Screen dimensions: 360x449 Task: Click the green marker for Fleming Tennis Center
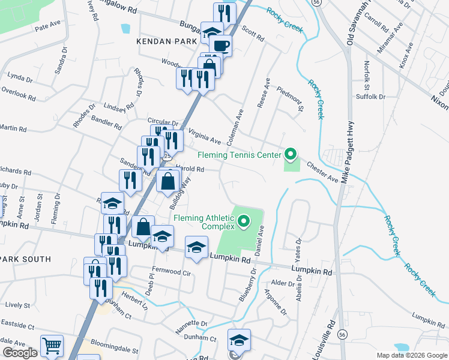click(291, 155)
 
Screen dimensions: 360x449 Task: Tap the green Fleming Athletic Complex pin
click(244, 223)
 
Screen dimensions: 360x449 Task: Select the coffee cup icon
click(221, 46)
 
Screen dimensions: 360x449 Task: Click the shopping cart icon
click(52, 346)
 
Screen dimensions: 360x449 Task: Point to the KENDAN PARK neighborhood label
click(167, 41)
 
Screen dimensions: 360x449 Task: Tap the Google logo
click(20, 353)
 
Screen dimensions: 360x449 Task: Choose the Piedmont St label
click(291, 98)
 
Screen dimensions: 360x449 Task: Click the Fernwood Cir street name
click(171, 271)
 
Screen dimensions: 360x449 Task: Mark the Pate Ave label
click(48, 26)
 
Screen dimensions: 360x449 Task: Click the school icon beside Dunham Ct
click(239, 340)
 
